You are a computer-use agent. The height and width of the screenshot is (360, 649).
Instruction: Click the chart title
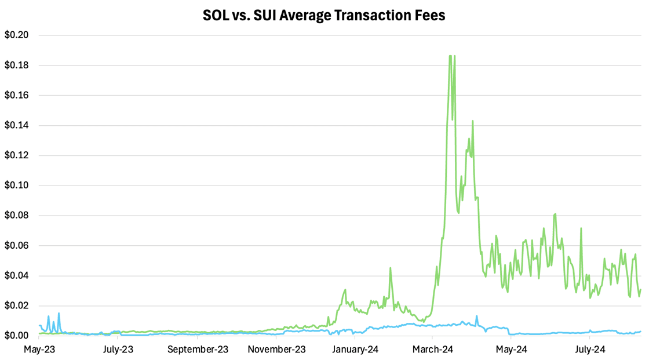324,15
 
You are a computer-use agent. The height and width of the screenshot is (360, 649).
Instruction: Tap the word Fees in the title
430,15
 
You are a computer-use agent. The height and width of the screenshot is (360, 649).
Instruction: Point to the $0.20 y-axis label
17,35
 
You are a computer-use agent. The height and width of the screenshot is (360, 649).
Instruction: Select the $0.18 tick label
17,66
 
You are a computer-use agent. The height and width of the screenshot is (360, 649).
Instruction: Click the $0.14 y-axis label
17,125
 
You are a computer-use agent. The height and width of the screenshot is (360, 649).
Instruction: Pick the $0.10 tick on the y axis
17,186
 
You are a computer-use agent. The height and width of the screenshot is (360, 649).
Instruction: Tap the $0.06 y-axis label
17,246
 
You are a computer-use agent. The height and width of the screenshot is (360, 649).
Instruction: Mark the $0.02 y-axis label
17,306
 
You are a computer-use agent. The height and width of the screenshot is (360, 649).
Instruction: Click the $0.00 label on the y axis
17,336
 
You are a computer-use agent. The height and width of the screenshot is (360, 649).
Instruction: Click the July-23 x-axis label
118,350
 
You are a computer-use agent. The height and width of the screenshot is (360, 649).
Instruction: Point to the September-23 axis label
198,350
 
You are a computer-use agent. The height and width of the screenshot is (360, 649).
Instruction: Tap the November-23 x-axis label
277,350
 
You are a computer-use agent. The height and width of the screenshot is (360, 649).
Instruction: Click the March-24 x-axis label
433,350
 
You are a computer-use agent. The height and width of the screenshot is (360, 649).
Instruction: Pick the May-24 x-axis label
512,350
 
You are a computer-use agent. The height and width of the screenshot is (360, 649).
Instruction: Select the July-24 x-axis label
590,350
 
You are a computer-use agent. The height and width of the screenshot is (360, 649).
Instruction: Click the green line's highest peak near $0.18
450,56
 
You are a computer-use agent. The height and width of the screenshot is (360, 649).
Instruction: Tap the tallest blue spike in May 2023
59,314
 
